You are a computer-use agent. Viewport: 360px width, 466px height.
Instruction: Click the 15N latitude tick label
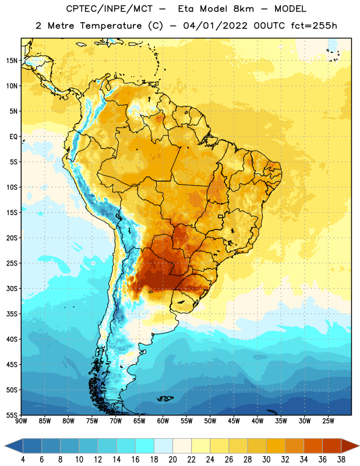[x=12, y=61]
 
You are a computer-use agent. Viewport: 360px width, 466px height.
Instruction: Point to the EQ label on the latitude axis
[x=13, y=137]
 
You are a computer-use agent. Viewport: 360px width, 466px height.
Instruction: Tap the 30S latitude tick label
[x=12, y=288]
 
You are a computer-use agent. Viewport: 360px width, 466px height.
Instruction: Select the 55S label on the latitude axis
[x=12, y=415]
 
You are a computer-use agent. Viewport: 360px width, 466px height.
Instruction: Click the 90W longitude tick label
[x=21, y=421]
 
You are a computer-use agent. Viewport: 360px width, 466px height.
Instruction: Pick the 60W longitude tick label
[x=163, y=421]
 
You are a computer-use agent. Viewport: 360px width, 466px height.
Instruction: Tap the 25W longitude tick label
[x=328, y=421]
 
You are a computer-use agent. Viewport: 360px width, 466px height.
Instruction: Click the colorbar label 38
[x=341, y=460]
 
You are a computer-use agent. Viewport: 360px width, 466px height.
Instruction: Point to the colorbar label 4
[x=23, y=460]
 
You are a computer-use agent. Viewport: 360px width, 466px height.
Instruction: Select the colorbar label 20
[x=172, y=460]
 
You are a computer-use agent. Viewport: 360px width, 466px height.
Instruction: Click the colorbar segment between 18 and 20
[x=164, y=446]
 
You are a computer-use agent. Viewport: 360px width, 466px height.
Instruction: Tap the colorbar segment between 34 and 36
[x=313, y=446]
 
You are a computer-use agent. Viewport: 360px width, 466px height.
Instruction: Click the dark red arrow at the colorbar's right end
[x=350, y=446]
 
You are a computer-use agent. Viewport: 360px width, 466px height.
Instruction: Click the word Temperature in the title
[x=111, y=26]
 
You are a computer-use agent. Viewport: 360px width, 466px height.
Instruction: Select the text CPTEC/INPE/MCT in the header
[x=109, y=9]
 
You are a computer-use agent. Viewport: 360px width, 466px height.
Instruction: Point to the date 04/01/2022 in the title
[x=215, y=26]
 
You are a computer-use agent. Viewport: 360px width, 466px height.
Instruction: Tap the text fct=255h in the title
[x=314, y=26]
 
